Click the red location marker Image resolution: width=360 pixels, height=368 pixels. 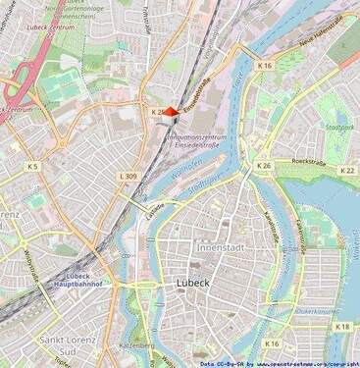170,113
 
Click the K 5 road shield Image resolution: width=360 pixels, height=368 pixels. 32,167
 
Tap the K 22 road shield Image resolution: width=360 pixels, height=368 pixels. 346,170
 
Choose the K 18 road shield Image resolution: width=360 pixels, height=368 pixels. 341,327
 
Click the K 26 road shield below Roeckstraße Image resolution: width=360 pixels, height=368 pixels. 263,167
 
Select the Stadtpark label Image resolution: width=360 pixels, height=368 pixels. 337,128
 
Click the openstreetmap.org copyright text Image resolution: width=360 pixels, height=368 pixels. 302,363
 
